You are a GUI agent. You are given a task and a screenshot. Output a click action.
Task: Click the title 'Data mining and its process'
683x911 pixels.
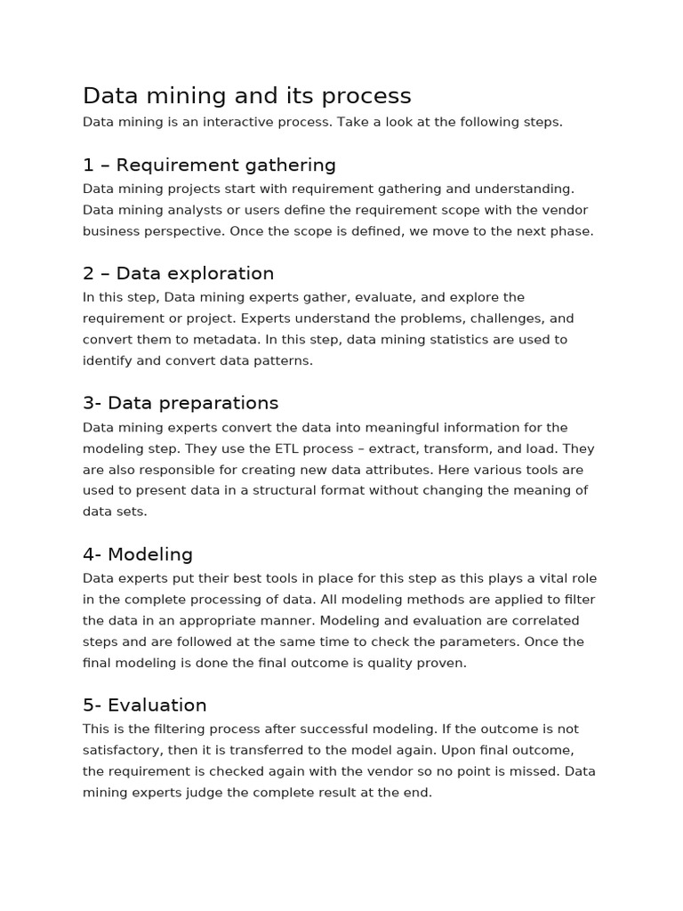[246, 96]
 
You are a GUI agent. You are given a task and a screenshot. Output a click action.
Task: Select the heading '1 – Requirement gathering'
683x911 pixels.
[209, 165]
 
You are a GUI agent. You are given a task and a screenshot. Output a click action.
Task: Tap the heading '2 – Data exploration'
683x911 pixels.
[178, 274]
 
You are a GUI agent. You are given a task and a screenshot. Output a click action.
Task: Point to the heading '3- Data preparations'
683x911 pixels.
[181, 403]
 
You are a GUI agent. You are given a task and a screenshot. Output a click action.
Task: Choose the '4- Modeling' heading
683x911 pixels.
[138, 555]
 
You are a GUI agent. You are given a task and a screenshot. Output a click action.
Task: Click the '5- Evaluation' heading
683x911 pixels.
[145, 705]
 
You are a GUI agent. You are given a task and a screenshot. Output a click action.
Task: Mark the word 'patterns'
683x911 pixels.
[279, 361]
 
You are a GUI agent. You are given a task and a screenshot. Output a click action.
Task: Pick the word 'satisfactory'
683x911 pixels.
[127, 750]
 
